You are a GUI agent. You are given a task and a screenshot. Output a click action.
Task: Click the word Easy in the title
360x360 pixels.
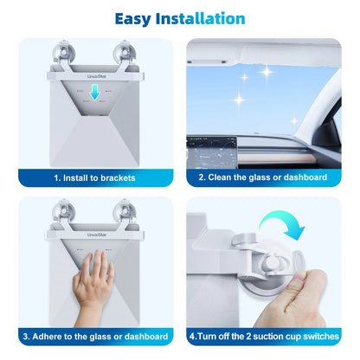141,17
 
